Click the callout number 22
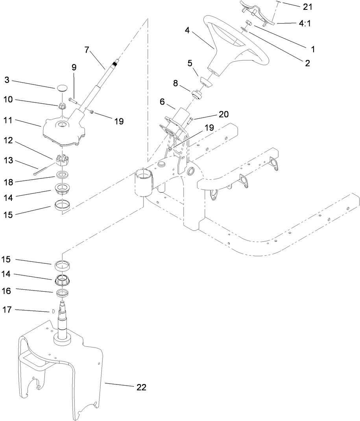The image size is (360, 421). click(141, 387)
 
